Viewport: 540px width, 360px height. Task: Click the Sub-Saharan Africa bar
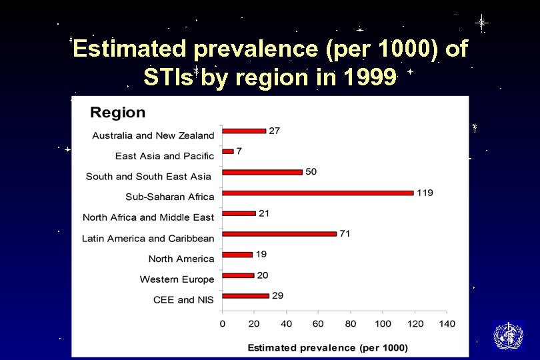tap(318, 193)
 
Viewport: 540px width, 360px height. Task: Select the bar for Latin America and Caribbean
tap(279, 234)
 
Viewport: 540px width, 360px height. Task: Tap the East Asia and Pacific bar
tap(228, 151)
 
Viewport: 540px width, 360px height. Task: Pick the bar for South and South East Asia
tap(263, 172)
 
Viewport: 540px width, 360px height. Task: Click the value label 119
tap(425, 193)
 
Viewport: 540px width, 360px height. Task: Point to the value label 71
tap(345, 233)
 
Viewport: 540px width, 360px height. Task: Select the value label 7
tap(239, 151)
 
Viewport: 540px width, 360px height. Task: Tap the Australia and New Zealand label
tap(153, 135)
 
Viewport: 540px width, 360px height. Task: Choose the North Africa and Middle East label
tap(149, 217)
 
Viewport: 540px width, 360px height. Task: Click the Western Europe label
tap(177, 279)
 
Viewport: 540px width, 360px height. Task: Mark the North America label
tap(181, 259)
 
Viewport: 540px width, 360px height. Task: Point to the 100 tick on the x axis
tap(383, 323)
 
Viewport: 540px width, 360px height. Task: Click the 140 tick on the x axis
tap(447, 323)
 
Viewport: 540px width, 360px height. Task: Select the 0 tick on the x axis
tap(223, 323)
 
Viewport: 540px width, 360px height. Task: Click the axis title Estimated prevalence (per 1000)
tap(327, 347)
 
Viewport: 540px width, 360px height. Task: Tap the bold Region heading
tap(117, 112)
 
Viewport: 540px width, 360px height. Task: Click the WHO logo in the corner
tap(508, 335)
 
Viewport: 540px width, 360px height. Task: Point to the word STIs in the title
tap(169, 78)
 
